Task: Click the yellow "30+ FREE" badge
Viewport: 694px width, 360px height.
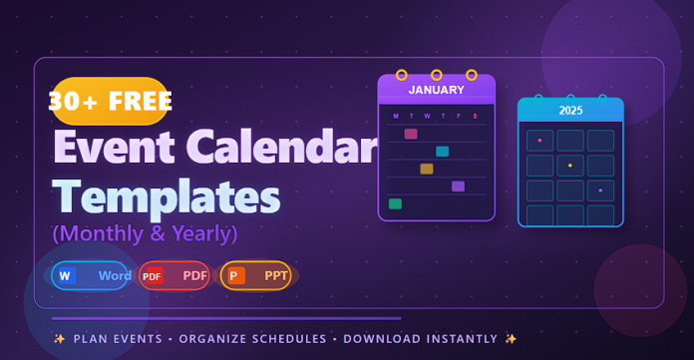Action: click(110, 100)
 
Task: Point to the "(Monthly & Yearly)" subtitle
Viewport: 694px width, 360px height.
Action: click(145, 233)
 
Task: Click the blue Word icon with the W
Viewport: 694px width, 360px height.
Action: click(67, 275)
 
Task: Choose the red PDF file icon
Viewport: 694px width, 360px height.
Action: click(152, 275)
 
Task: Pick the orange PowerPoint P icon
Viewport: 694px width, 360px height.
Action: click(236, 275)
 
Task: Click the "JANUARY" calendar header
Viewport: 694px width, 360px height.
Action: click(436, 90)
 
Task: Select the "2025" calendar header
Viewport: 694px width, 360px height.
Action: click(570, 110)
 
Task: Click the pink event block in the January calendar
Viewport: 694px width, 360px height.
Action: click(411, 134)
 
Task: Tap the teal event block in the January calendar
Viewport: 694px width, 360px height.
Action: click(442, 152)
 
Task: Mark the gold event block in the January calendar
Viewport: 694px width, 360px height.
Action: click(427, 169)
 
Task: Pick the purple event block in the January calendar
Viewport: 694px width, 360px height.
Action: click(458, 186)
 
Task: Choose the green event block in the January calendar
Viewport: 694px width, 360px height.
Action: click(395, 203)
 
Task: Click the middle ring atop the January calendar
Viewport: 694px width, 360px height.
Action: click(437, 75)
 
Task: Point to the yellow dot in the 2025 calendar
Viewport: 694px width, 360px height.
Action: click(570, 166)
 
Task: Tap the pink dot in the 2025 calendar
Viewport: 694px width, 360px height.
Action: click(540, 141)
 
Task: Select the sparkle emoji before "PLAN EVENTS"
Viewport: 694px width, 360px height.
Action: click(60, 339)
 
